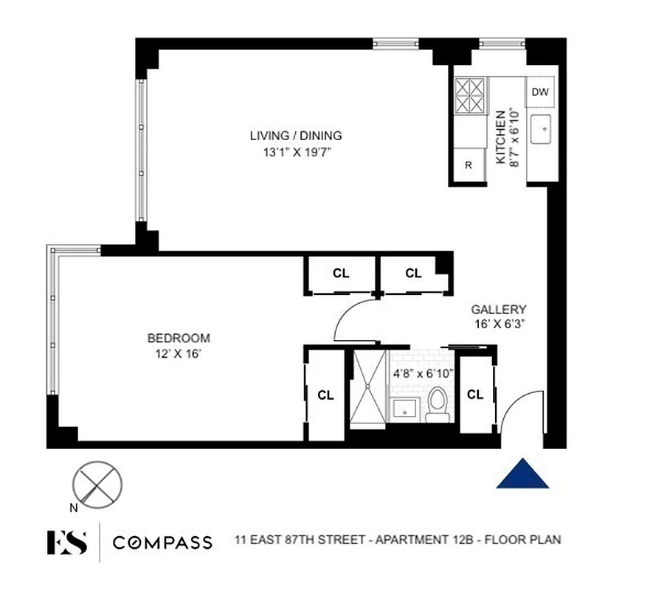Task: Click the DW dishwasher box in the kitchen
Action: pyautogui.click(x=540, y=92)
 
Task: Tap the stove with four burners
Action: pyautogui.click(x=469, y=97)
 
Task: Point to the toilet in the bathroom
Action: pyautogui.click(x=438, y=405)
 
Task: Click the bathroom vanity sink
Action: pyautogui.click(x=405, y=408)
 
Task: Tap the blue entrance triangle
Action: pyautogui.click(x=522, y=473)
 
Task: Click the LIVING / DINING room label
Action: pyautogui.click(x=295, y=136)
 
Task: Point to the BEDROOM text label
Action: pyautogui.click(x=179, y=339)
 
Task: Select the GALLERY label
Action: pyautogui.click(x=499, y=310)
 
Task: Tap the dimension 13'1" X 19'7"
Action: pyautogui.click(x=295, y=153)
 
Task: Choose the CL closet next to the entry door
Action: pyautogui.click(x=475, y=395)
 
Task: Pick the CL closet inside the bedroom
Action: pyautogui.click(x=325, y=395)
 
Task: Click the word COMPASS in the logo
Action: pyautogui.click(x=162, y=544)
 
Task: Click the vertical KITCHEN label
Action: pyautogui.click(x=500, y=136)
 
